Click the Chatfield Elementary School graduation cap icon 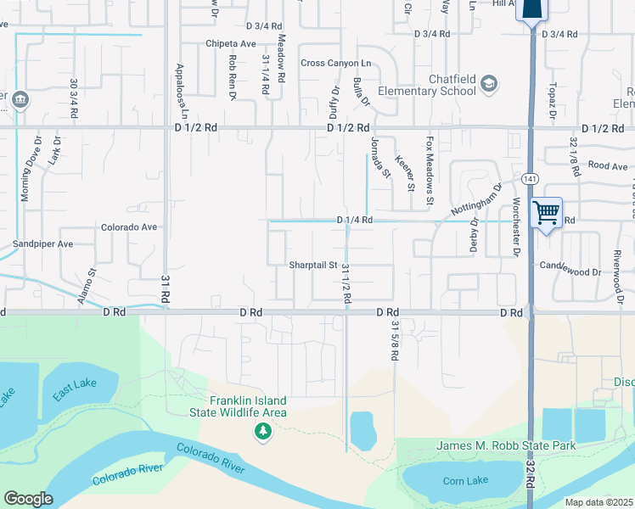[488, 83]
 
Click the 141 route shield [531, 179]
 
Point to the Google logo [28, 499]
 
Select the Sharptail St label [313, 265]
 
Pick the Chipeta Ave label [230, 43]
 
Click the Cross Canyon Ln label [337, 64]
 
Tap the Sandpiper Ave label [43, 243]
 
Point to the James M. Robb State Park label [506, 445]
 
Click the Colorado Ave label [129, 227]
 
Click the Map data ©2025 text [599, 502]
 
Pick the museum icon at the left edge [21, 101]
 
